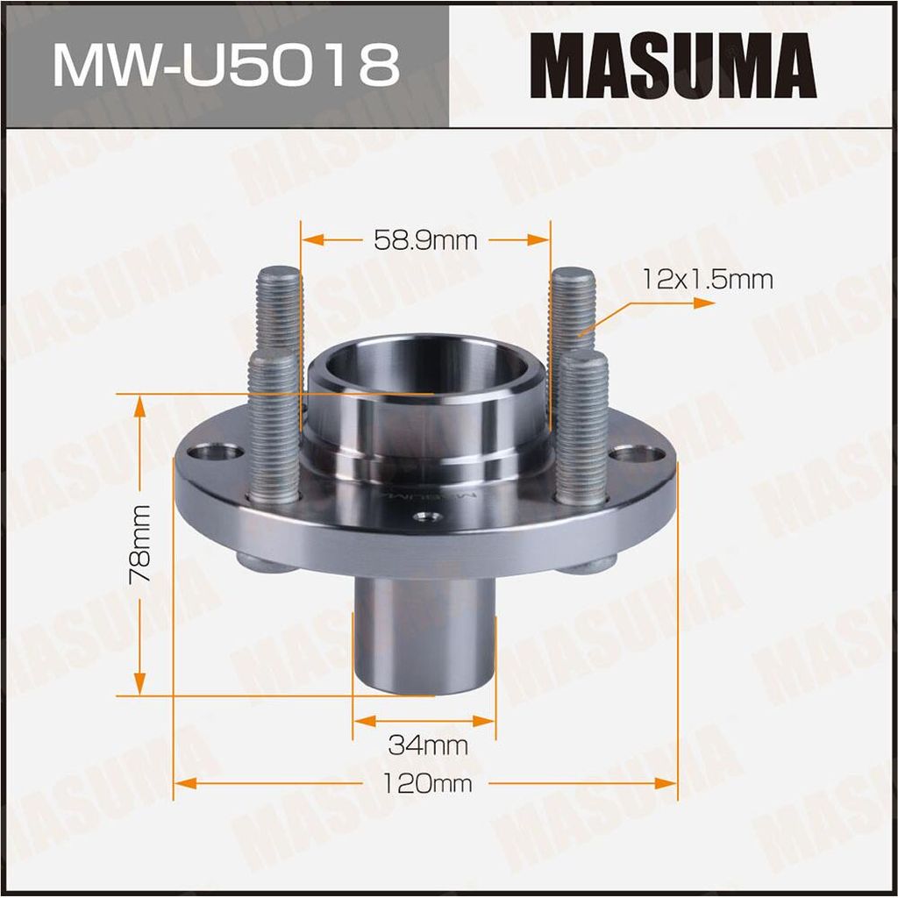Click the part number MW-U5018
[225, 66]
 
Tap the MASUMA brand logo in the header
[673, 66]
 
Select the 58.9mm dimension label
[425, 240]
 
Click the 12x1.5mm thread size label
[708, 280]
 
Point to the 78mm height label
[140, 544]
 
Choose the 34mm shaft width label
[428, 745]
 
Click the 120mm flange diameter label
[427, 783]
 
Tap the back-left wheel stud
[280, 321]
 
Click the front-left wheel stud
[274, 427]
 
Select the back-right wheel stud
[572, 321]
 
